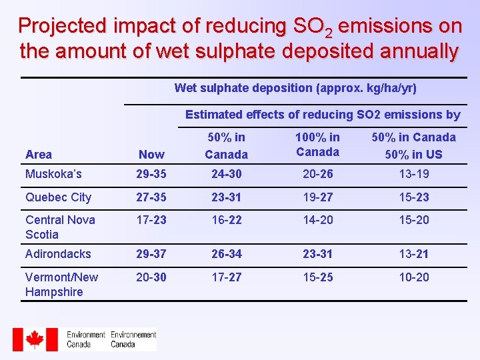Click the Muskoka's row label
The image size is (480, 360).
[x=53, y=174]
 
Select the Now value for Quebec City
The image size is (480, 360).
[x=151, y=197]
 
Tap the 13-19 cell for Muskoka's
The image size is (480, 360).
[x=414, y=174]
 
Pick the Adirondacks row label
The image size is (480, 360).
[x=58, y=254]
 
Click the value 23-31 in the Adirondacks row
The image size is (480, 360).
[x=318, y=254]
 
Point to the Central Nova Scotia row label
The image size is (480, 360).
[x=60, y=227]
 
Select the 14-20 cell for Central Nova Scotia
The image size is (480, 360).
[x=318, y=220]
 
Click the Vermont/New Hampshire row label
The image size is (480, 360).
[x=61, y=285]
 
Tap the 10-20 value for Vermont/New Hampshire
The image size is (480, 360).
[x=414, y=277]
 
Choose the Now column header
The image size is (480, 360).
[x=151, y=154]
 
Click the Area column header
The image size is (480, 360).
[x=39, y=154]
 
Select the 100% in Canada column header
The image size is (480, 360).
[x=318, y=145]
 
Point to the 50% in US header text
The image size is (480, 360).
[x=413, y=154]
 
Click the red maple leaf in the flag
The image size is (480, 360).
[x=35, y=339]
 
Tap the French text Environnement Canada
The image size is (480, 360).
[x=133, y=339]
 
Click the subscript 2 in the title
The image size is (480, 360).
[x=329, y=33]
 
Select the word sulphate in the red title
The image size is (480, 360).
[x=235, y=51]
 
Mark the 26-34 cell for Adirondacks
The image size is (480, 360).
[x=227, y=254]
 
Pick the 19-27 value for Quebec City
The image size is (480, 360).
[x=318, y=197]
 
